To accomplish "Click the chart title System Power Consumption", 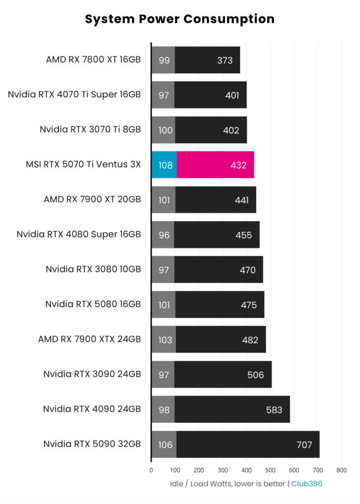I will (179, 20).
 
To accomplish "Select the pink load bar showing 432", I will (215, 165).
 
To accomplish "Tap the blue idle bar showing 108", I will (164, 165).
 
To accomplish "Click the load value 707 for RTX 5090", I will (304, 445).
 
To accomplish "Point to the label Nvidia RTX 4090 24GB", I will (92, 409).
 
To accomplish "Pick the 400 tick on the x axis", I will (247, 470).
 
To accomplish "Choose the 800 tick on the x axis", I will (341, 470).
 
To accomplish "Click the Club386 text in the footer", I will (307, 484).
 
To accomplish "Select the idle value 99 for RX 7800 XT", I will (164, 60).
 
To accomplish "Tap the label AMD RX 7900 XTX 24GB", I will (89, 340).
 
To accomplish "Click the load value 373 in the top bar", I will (225, 60).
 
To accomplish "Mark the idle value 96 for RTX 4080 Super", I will (164, 235).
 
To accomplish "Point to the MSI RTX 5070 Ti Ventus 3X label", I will (83, 165).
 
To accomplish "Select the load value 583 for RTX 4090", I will (274, 410).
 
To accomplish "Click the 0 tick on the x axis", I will (151, 470).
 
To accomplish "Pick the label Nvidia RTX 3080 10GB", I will (93, 269).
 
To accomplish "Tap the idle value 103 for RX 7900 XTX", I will (164, 340).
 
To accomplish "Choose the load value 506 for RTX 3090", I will (256, 375).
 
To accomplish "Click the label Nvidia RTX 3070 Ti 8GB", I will (91, 130).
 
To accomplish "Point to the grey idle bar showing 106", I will (164, 445).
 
